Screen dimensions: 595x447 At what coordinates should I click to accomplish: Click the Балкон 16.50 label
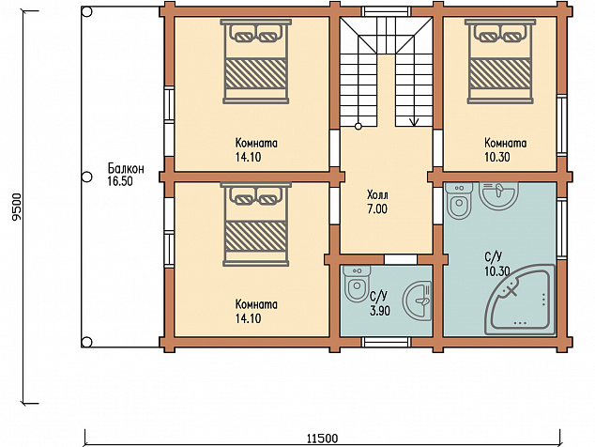point(126,175)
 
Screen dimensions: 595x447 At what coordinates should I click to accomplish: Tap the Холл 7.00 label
point(377,202)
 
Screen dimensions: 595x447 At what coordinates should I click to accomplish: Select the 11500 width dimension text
point(322,439)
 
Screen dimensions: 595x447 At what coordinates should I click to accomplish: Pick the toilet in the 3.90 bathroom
point(357,284)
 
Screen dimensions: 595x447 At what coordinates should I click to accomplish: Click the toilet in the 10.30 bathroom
point(459,201)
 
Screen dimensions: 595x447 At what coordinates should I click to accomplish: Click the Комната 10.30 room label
point(506,149)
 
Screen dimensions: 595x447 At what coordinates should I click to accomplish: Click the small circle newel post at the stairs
point(358,127)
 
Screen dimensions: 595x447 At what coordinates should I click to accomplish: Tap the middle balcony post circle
point(87,177)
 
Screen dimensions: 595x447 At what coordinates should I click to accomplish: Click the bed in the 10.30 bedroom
point(500,62)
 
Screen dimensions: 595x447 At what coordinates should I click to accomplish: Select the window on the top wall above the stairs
point(386,11)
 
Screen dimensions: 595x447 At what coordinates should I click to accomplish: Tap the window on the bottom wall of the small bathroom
point(386,342)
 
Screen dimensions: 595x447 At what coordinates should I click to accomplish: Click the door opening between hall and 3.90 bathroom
point(401,259)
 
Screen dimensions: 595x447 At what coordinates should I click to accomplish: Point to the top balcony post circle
point(87,12)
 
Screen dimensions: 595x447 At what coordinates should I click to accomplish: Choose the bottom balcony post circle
point(87,342)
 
